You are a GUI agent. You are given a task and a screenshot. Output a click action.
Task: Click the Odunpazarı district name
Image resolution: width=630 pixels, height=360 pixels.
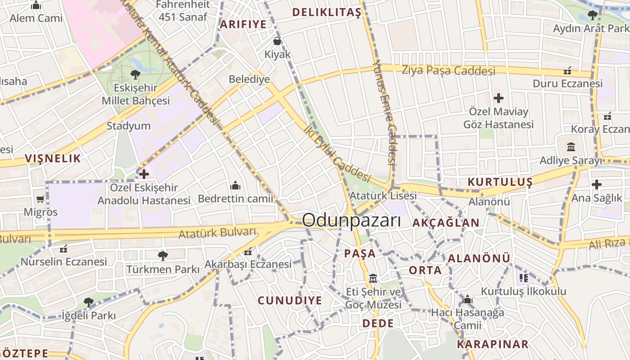click(351, 220)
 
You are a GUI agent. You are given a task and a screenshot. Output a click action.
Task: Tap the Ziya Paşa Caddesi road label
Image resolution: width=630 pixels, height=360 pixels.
click(448, 70)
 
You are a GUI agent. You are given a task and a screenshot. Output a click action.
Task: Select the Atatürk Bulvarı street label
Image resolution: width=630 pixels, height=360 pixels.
click(217, 234)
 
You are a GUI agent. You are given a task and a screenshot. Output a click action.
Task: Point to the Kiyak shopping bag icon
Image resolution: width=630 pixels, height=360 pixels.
click(277, 41)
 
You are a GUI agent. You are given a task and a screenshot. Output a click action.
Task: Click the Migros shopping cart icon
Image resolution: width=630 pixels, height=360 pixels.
click(40, 199)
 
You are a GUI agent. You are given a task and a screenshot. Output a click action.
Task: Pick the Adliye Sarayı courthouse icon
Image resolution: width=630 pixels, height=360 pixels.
click(571, 147)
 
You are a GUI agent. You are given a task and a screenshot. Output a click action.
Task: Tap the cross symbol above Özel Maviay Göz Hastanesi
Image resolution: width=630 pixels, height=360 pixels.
click(499, 98)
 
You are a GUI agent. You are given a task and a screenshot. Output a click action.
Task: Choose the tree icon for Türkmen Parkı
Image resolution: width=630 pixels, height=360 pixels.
click(162, 256)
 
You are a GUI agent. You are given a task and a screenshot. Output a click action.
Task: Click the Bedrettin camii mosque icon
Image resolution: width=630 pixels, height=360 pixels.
click(235, 185)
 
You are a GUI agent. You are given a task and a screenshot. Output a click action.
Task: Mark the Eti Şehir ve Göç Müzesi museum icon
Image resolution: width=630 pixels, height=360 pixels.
click(373, 278)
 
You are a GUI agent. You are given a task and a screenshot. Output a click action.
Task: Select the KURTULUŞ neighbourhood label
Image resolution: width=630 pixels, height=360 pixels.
click(500, 182)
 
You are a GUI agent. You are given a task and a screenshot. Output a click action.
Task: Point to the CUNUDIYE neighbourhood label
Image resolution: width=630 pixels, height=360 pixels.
click(290, 300)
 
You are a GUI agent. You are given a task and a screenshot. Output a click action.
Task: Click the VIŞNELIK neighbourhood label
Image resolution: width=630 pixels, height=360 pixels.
click(53, 158)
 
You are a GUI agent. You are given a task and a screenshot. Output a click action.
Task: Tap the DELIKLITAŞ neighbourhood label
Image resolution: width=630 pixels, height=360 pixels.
click(327, 13)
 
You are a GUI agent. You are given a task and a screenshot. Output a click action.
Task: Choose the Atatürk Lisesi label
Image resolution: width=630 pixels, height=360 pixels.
click(383, 196)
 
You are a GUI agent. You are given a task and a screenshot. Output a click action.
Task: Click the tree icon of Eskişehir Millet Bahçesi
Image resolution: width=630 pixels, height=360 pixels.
click(135, 75)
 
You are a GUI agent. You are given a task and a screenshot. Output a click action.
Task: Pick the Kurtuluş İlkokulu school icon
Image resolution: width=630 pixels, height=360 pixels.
click(523, 278)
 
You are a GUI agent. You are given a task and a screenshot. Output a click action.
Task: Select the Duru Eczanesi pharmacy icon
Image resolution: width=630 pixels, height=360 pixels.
click(567, 71)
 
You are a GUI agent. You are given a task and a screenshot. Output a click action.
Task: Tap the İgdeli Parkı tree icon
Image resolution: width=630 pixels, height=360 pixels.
click(89, 302)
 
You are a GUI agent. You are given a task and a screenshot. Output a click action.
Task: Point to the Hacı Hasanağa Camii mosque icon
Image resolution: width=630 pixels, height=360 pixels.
click(468, 300)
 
